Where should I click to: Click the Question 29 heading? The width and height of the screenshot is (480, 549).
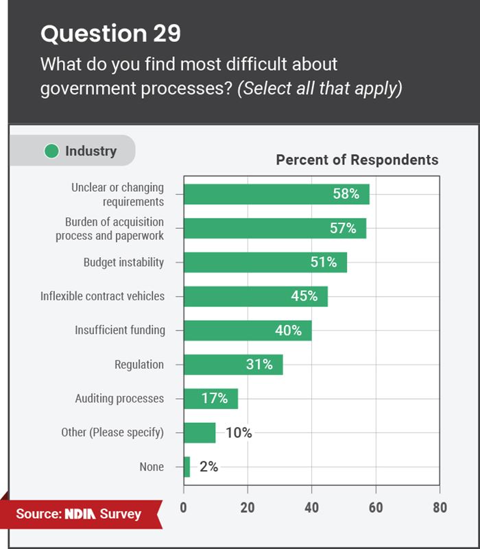(111, 34)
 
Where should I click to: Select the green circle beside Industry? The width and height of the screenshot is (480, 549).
(51, 151)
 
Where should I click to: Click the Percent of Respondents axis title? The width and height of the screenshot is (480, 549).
(357, 160)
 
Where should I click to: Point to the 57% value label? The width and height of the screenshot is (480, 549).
(343, 228)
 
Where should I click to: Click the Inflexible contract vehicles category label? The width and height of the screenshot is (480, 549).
(102, 296)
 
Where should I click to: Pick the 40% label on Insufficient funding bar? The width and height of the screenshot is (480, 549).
(288, 330)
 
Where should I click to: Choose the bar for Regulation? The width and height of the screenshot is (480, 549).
(233, 365)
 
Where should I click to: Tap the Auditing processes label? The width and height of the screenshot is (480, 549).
(119, 398)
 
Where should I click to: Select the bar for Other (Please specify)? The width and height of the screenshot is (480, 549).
(200, 432)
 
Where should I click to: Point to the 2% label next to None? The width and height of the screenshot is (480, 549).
(208, 467)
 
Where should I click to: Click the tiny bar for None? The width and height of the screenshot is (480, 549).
(187, 467)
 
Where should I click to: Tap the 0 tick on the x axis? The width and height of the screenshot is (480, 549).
(184, 508)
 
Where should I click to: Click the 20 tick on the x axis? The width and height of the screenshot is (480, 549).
(248, 508)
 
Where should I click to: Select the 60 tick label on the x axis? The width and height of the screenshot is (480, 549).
(375, 508)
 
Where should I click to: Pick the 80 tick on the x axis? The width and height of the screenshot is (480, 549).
(439, 508)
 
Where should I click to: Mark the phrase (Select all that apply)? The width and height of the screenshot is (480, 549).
(320, 89)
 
